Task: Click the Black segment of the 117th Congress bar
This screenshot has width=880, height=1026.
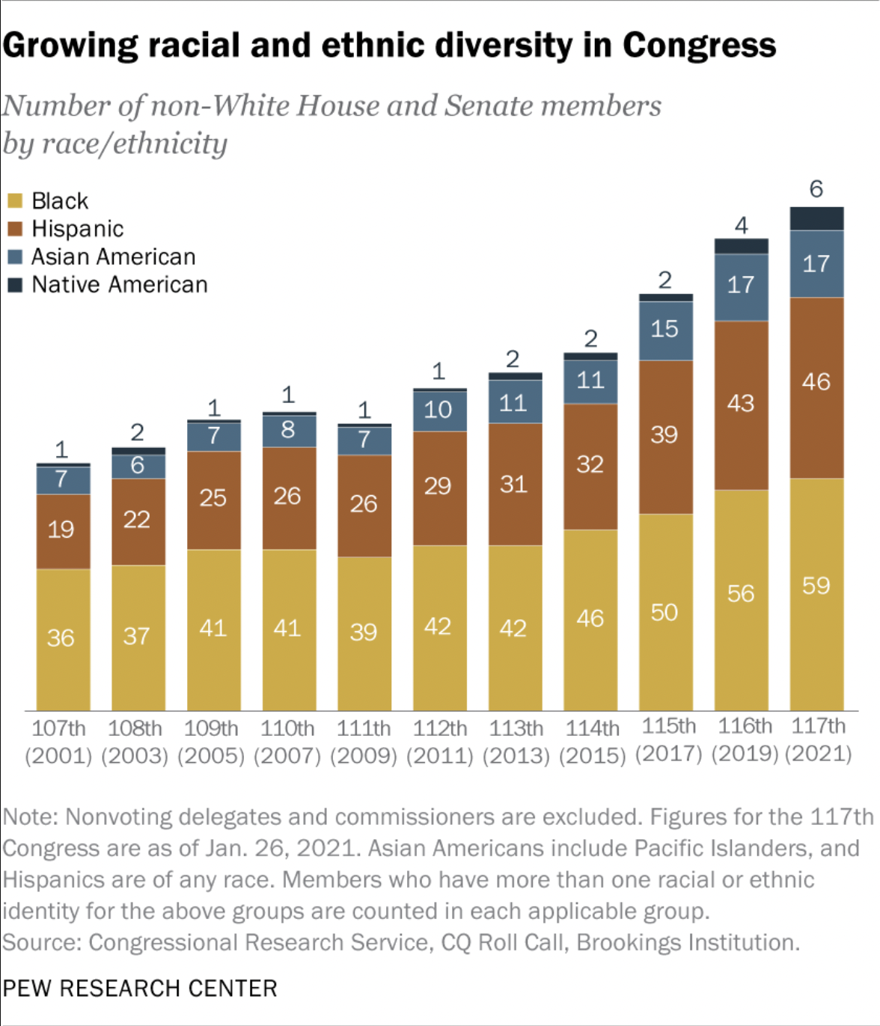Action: (816, 594)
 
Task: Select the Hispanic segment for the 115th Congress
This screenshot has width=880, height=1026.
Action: (665, 437)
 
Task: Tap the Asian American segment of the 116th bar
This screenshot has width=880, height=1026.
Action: (741, 287)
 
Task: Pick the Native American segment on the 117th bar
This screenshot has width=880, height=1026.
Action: (816, 218)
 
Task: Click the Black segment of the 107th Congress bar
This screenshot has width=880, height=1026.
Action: (63, 639)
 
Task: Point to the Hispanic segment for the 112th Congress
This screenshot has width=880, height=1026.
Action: (439, 488)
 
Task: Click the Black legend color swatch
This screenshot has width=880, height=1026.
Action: (15, 200)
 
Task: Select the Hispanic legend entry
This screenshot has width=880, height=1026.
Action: (77, 229)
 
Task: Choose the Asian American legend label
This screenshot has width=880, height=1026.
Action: (113, 256)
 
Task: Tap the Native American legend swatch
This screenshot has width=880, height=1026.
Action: (15, 285)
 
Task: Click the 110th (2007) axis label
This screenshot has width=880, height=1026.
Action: (287, 741)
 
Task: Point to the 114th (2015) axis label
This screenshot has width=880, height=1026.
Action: (592, 741)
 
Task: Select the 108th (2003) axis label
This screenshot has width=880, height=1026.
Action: (135, 741)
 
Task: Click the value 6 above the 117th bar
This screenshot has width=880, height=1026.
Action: (816, 188)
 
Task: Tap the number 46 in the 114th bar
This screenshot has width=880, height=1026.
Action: (590, 618)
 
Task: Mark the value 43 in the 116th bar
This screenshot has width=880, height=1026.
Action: (740, 404)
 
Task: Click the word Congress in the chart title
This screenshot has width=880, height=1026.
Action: (699, 45)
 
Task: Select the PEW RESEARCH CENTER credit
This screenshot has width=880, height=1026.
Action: (140, 988)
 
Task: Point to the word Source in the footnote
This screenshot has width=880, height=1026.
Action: (41, 942)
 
